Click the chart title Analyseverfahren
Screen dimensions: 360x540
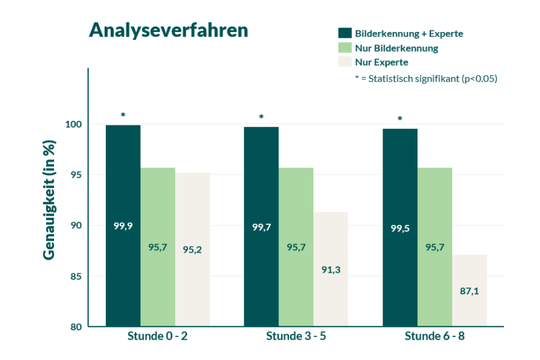(x=168, y=30)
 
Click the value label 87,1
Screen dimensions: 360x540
(x=469, y=291)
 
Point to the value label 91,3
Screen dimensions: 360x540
(x=331, y=270)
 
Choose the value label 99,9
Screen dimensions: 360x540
(x=123, y=227)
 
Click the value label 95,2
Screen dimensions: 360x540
(x=192, y=250)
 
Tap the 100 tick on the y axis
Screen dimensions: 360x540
(x=75, y=124)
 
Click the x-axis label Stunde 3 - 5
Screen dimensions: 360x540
(x=296, y=337)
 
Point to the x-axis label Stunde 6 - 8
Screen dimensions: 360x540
(x=435, y=337)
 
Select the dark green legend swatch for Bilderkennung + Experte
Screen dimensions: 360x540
(x=344, y=33)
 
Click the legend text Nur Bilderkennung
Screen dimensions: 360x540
(x=397, y=48)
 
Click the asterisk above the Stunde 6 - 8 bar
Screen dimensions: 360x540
(x=400, y=119)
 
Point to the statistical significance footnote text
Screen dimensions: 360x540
(x=426, y=79)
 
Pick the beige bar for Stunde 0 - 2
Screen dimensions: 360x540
(x=192, y=249)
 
